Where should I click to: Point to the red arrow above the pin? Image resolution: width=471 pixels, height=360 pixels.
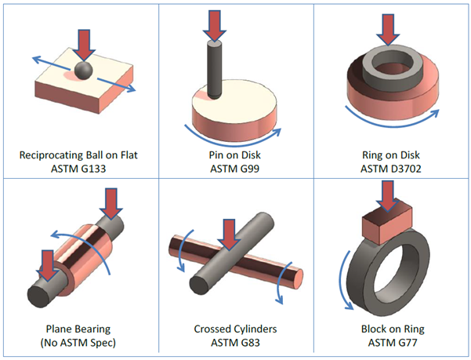pos(214,24)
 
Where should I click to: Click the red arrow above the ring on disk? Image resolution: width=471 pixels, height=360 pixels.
pos(386,28)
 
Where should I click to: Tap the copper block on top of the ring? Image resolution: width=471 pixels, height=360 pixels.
pos(386,225)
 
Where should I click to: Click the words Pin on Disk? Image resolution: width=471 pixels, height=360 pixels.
pos(236,155)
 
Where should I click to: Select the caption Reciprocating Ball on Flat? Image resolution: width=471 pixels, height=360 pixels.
pos(82,155)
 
